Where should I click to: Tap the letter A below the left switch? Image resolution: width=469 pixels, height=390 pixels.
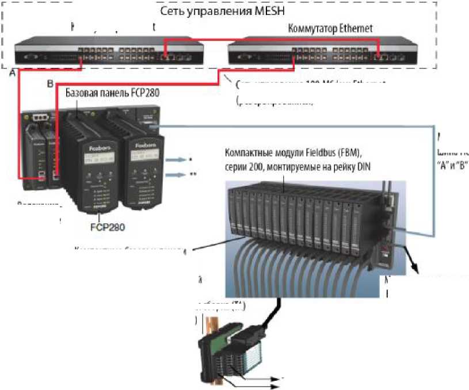click(12, 74)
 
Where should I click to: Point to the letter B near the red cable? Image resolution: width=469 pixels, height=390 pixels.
click(51, 83)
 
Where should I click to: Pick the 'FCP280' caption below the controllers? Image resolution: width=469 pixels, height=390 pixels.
click(108, 226)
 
